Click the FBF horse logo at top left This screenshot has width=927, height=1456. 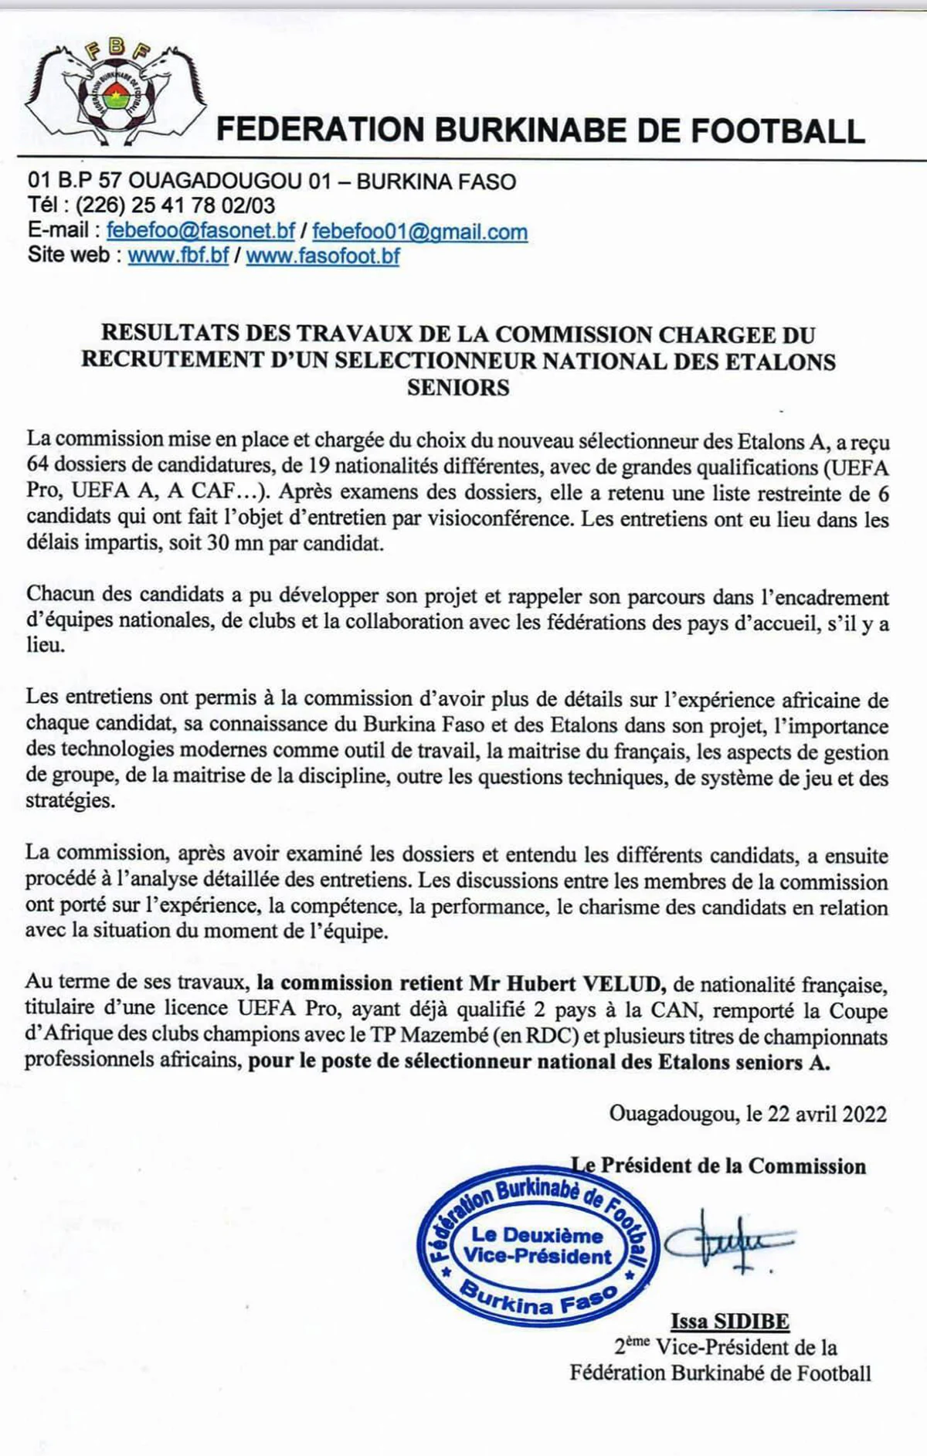tap(110, 91)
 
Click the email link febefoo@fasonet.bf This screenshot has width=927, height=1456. tap(200, 231)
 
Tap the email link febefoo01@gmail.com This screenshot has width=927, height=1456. tap(419, 231)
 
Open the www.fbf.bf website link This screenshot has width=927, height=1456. tap(178, 256)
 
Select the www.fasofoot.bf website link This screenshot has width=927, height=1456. tap(323, 256)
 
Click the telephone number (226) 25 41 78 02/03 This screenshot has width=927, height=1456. tap(175, 205)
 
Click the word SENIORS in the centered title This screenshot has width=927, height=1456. tap(458, 387)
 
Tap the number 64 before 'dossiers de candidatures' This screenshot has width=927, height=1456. tap(38, 467)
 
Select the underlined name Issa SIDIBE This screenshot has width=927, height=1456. tap(729, 1322)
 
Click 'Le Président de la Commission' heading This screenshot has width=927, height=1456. tap(718, 1166)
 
